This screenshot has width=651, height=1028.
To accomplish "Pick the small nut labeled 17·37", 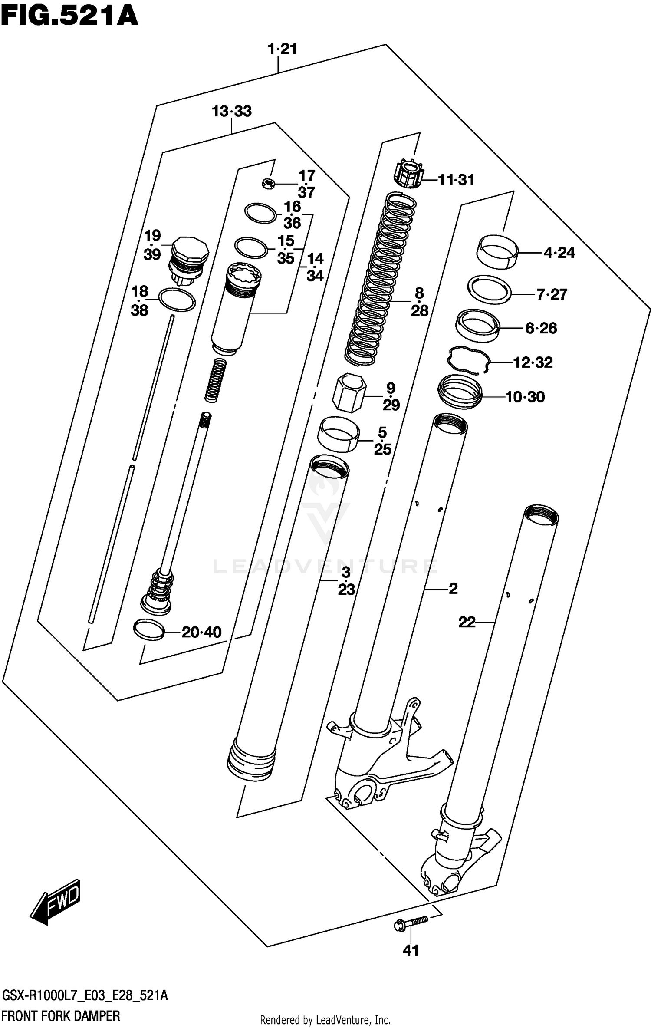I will coord(269,184).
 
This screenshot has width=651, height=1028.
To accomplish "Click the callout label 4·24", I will coord(559,252).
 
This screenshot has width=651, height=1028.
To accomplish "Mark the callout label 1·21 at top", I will coord(283,49).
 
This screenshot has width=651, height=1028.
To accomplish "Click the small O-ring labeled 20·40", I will coord(149,630).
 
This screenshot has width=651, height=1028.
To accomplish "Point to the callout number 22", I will coord(467,623).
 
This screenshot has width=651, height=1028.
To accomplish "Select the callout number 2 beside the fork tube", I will coord(453,589).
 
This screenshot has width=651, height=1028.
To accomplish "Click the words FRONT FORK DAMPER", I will coord(61,1016).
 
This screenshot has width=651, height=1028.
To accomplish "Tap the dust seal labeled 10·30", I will coord(460,392).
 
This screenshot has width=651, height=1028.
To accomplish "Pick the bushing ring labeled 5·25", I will coord(339,435).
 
